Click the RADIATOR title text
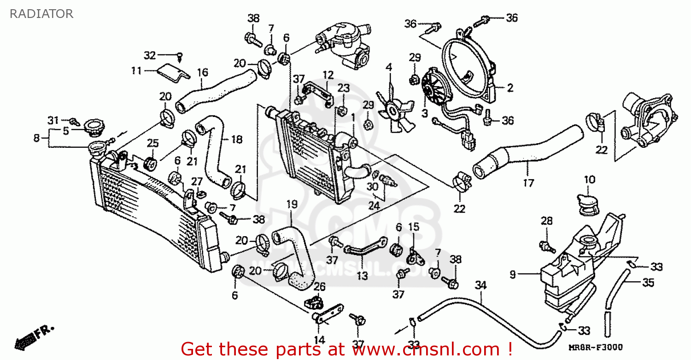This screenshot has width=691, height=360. [x=41, y=14]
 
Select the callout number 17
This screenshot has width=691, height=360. [x=528, y=183]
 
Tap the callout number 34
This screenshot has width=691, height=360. [x=480, y=285]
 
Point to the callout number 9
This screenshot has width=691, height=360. [x=512, y=275]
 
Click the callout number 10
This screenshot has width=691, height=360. [x=590, y=179]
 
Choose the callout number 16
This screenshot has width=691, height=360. [x=203, y=72]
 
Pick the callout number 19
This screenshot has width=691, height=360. [x=292, y=204]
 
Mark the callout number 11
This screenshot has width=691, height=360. [x=136, y=70]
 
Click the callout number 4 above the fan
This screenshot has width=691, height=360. [x=389, y=67]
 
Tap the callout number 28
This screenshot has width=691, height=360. [x=546, y=221]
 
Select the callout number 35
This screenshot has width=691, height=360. [x=648, y=283]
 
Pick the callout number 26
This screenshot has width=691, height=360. [x=319, y=287]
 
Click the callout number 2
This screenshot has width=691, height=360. [x=510, y=87]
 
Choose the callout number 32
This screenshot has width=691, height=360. [x=150, y=56]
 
